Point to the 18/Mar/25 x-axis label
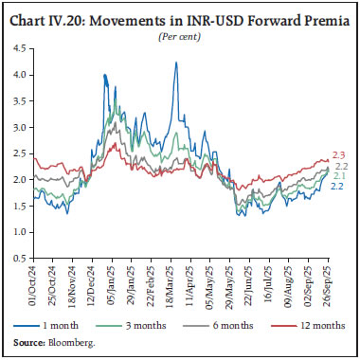pyautogui.click(x=176, y=284)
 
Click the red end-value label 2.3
pyautogui.click(x=339, y=153)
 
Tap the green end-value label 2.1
pyautogui.click(x=339, y=175)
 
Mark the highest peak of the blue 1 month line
pyautogui.click(x=176, y=63)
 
